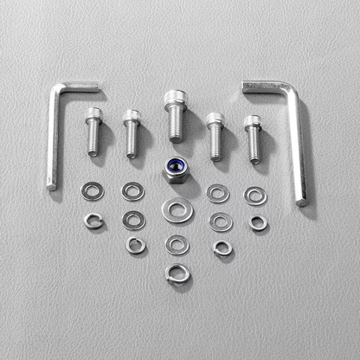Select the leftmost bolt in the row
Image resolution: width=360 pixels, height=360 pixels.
93,130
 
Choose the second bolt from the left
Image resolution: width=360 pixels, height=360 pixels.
132,132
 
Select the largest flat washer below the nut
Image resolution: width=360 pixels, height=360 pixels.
177,209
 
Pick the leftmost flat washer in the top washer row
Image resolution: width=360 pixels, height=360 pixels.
89,190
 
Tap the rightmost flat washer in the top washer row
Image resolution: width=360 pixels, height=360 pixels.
255,196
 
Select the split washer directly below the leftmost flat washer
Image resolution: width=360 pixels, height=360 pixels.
93,221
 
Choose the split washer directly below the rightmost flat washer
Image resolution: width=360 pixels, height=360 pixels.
258,223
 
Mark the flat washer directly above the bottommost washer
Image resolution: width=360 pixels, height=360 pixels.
177,245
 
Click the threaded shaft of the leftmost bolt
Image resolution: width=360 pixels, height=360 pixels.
93,138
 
